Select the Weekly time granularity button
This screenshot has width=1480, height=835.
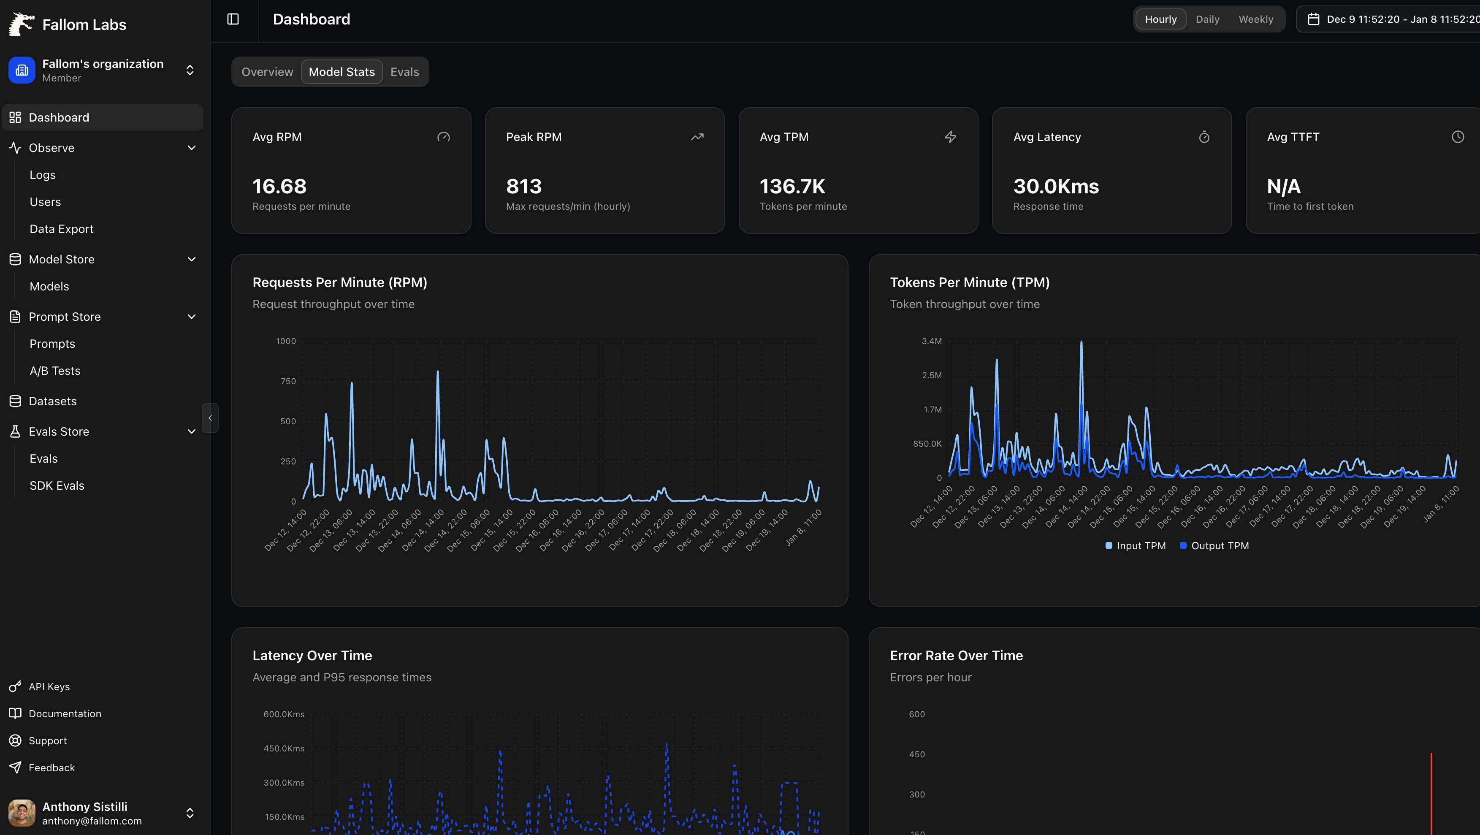point(1255,19)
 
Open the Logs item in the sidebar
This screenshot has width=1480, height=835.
point(43,175)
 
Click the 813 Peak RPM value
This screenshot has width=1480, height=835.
point(523,186)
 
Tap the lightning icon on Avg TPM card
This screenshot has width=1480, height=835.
point(950,137)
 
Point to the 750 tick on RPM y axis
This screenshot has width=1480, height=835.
point(288,381)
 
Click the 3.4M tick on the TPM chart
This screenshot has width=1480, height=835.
point(931,341)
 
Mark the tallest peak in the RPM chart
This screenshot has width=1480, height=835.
point(438,372)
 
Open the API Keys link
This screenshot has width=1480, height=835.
point(49,686)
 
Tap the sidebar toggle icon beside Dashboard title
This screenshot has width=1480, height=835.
point(233,19)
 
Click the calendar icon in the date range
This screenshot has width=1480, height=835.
point(1313,19)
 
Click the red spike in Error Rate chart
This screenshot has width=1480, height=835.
point(1431,793)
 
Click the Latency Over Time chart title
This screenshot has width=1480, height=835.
point(312,655)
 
